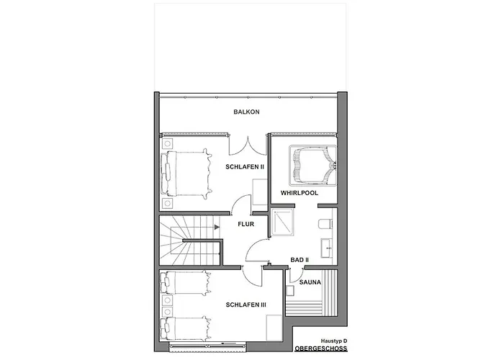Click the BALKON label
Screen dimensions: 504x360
246,112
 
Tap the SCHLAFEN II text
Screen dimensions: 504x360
245,167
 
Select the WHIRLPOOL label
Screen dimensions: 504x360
300,193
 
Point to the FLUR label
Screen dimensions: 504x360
246,224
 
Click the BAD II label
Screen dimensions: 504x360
300,260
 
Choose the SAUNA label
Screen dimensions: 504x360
310,282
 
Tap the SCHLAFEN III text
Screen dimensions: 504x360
246,305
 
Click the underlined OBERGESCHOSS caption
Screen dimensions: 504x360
321,348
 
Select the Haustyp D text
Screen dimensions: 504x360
334,341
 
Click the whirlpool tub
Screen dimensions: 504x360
312,166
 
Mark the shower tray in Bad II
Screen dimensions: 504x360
282,222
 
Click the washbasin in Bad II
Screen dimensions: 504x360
327,248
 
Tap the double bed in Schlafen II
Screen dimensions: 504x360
186,174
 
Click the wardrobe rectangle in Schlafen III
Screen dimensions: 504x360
274,328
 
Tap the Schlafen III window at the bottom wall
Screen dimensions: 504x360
207,345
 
